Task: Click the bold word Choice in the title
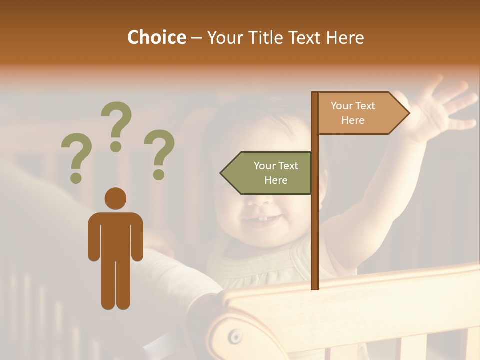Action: (156, 37)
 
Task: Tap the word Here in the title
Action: (345, 37)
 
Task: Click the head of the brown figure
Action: (115, 198)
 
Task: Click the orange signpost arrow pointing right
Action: (360, 113)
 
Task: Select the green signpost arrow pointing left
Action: (267, 173)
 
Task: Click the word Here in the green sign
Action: (276, 180)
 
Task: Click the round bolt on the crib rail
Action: (235, 338)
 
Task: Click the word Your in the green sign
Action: (264, 166)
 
